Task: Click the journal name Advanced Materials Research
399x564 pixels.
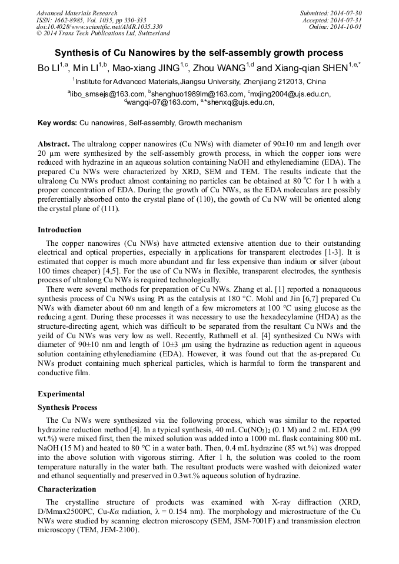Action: click(x=77, y=13)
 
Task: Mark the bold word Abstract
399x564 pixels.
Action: click(x=54, y=144)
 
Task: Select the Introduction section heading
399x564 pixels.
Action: click(x=59, y=230)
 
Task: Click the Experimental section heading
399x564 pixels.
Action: click(x=61, y=394)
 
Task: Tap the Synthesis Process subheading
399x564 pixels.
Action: click(x=68, y=408)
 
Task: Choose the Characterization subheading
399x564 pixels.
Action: click(x=66, y=489)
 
